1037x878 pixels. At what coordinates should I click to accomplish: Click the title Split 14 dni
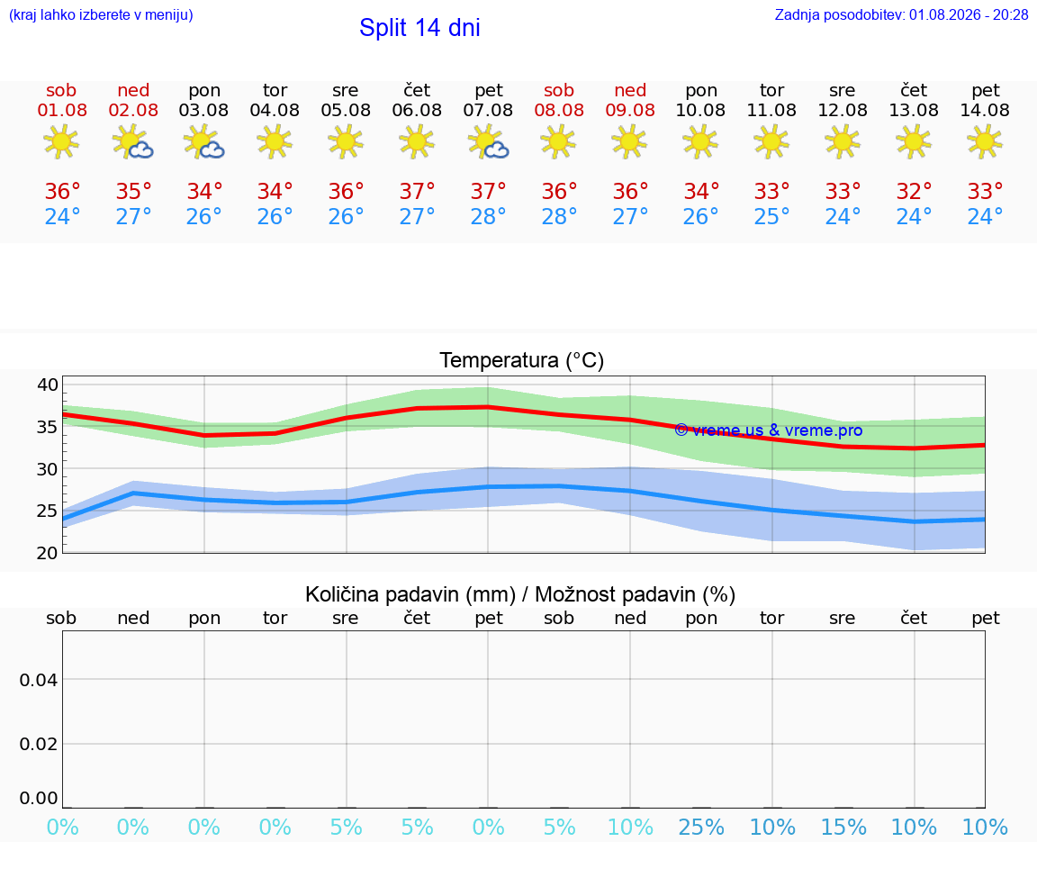pyautogui.click(x=419, y=28)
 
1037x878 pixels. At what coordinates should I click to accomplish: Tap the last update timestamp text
pyautogui.click(x=901, y=15)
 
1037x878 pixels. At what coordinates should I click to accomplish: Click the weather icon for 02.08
pyautogui.click(x=133, y=142)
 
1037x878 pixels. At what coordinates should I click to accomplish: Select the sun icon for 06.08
pyautogui.click(x=417, y=142)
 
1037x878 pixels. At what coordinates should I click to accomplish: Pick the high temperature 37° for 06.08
pyautogui.click(x=418, y=191)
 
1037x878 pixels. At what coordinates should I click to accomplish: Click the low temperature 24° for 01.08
pyautogui.click(x=62, y=216)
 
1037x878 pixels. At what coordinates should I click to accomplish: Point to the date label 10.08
pyautogui.click(x=700, y=111)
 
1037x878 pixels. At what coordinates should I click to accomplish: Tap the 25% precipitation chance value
pyautogui.click(x=701, y=827)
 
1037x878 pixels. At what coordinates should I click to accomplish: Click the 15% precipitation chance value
pyautogui.click(x=843, y=827)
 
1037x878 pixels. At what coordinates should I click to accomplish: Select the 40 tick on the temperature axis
pyautogui.click(x=48, y=385)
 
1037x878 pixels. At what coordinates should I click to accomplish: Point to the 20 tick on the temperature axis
pyautogui.click(x=48, y=553)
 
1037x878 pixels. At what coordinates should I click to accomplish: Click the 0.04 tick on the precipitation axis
pyautogui.click(x=39, y=680)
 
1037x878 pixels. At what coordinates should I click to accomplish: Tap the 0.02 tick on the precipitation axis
pyautogui.click(x=39, y=744)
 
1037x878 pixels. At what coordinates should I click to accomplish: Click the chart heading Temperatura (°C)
pyautogui.click(x=522, y=360)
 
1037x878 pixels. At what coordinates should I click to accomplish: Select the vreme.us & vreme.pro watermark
pyautogui.click(x=769, y=430)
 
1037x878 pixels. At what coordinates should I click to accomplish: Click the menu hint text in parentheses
pyautogui.click(x=101, y=15)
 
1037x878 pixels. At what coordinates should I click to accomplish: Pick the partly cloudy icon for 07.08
pyautogui.click(x=488, y=142)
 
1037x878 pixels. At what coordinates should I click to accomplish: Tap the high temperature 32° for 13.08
pyautogui.click(x=914, y=191)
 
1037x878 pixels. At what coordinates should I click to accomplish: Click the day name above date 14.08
pyautogui.click(x=986, y=91)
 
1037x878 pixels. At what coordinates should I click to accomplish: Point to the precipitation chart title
pyautogui.click(x=519, y=595)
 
